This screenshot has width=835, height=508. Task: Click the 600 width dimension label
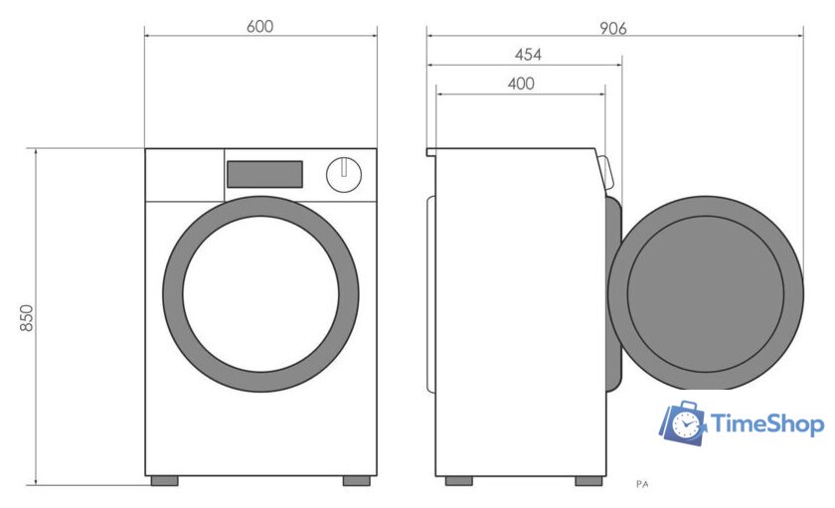(x=259, y=26)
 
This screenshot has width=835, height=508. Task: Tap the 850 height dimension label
(x=26, y=318)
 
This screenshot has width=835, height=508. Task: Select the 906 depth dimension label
(x=613, y=28)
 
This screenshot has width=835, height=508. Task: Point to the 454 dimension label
(x=528, y=55)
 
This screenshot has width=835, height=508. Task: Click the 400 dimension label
(x=521, y=84)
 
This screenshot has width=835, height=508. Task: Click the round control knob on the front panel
(x=344, y=175)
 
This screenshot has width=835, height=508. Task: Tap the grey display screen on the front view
(x=264, y=174)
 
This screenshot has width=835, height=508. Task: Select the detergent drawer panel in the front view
(x=185, y=175)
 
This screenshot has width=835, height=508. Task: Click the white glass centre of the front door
(x=260, y=294)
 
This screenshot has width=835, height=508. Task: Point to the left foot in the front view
(x=165, y=481)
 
